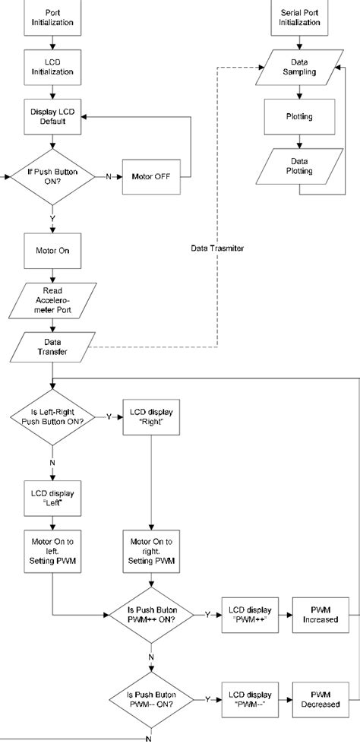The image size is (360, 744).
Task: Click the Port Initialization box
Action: [x=52, y=17]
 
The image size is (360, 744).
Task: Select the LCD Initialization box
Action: [x=52, y=68]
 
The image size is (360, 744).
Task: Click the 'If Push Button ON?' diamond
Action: [x=52, y=176]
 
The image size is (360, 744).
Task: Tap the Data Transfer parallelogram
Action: [x=52, y=347]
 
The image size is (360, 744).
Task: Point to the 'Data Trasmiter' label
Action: [x=217, y=249]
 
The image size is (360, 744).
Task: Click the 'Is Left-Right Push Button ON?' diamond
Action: [x=52, y=416]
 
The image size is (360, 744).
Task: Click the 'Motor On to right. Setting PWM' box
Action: [x=153, y=549]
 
